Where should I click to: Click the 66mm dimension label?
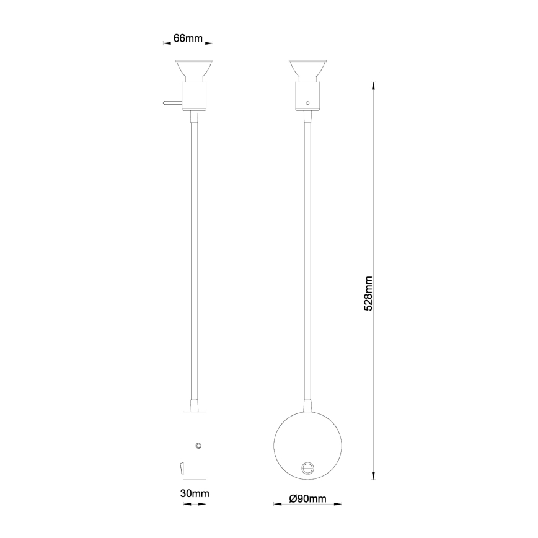188,38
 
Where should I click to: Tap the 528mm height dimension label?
368,294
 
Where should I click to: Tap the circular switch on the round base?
307,468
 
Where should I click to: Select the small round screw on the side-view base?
199,446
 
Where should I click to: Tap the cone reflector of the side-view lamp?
195,69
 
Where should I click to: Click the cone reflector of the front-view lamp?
309,69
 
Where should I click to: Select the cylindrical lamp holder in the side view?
195,96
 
